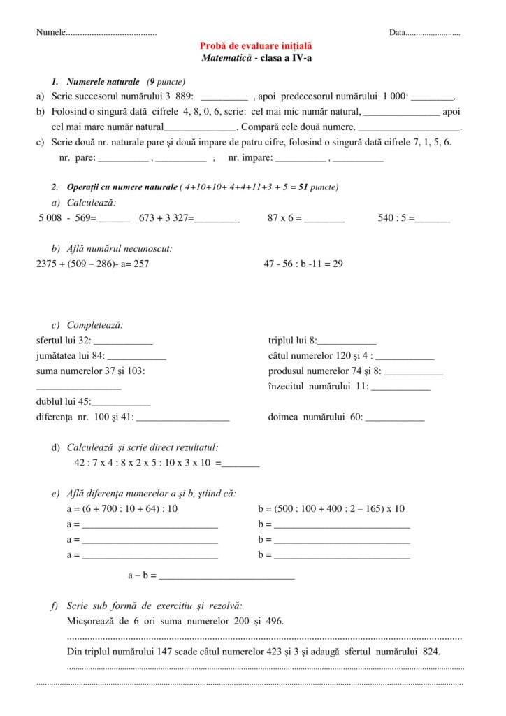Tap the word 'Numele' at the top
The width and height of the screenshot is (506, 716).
click(50, 33)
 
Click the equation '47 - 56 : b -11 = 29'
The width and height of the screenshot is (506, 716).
click(303, 264)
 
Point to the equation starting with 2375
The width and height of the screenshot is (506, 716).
click(92, 264)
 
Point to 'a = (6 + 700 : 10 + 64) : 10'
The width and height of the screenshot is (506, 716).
click(122, 508)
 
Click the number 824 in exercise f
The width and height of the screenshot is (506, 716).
click(433, 651)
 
